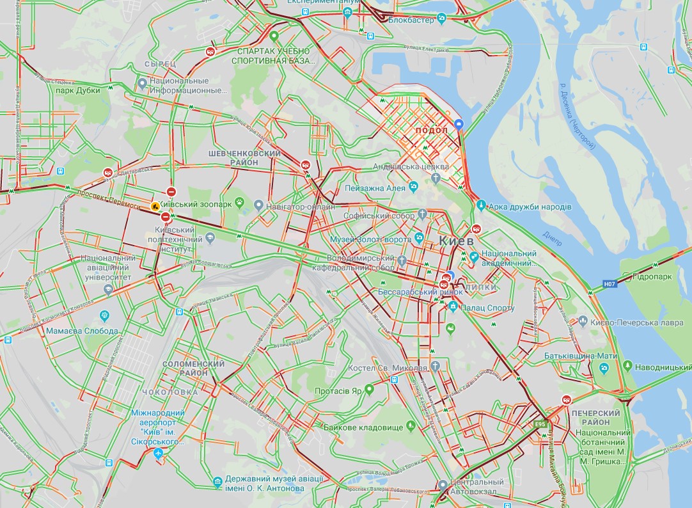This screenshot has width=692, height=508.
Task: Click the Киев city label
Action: [x=457, y=241]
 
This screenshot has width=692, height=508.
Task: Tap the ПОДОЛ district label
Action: [x=431, y=131]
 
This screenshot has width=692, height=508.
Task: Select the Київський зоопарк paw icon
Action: [x=240, y=203]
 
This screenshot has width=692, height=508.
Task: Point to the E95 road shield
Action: [x=541, y=424]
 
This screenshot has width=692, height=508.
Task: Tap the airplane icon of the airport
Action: [x=159, y=454]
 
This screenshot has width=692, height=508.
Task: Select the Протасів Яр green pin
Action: [x=369, y=389]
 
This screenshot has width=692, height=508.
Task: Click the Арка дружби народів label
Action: [x=530, y=207]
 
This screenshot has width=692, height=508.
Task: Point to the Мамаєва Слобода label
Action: [x=82, y=331]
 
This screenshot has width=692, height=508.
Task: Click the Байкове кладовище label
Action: [x=363, y=427]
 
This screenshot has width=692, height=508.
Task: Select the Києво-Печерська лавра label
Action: [x=637, y=323]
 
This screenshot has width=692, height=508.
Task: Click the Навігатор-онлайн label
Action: [x=301, y=207]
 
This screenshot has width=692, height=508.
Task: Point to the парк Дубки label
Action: [x=78, y=90]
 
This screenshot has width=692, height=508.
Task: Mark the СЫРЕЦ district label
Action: [x=160, y=64]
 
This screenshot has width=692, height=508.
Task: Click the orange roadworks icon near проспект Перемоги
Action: [x=155, y=207]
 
